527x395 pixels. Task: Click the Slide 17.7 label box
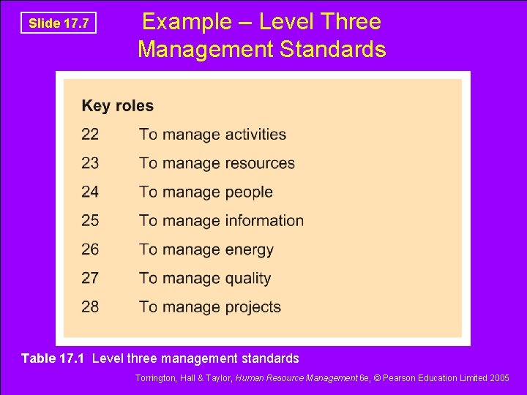59,23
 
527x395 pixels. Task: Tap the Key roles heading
118,105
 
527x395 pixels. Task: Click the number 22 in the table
90,135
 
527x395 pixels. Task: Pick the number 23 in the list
90,163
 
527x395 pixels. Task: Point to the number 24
90,192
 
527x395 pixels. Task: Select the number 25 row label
90,220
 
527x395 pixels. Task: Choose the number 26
90,249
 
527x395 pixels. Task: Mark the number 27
90,278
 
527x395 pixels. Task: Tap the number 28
90,306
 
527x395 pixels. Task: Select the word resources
260,163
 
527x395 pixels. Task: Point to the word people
249,192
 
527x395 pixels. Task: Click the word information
264,220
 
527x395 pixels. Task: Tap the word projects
253,306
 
